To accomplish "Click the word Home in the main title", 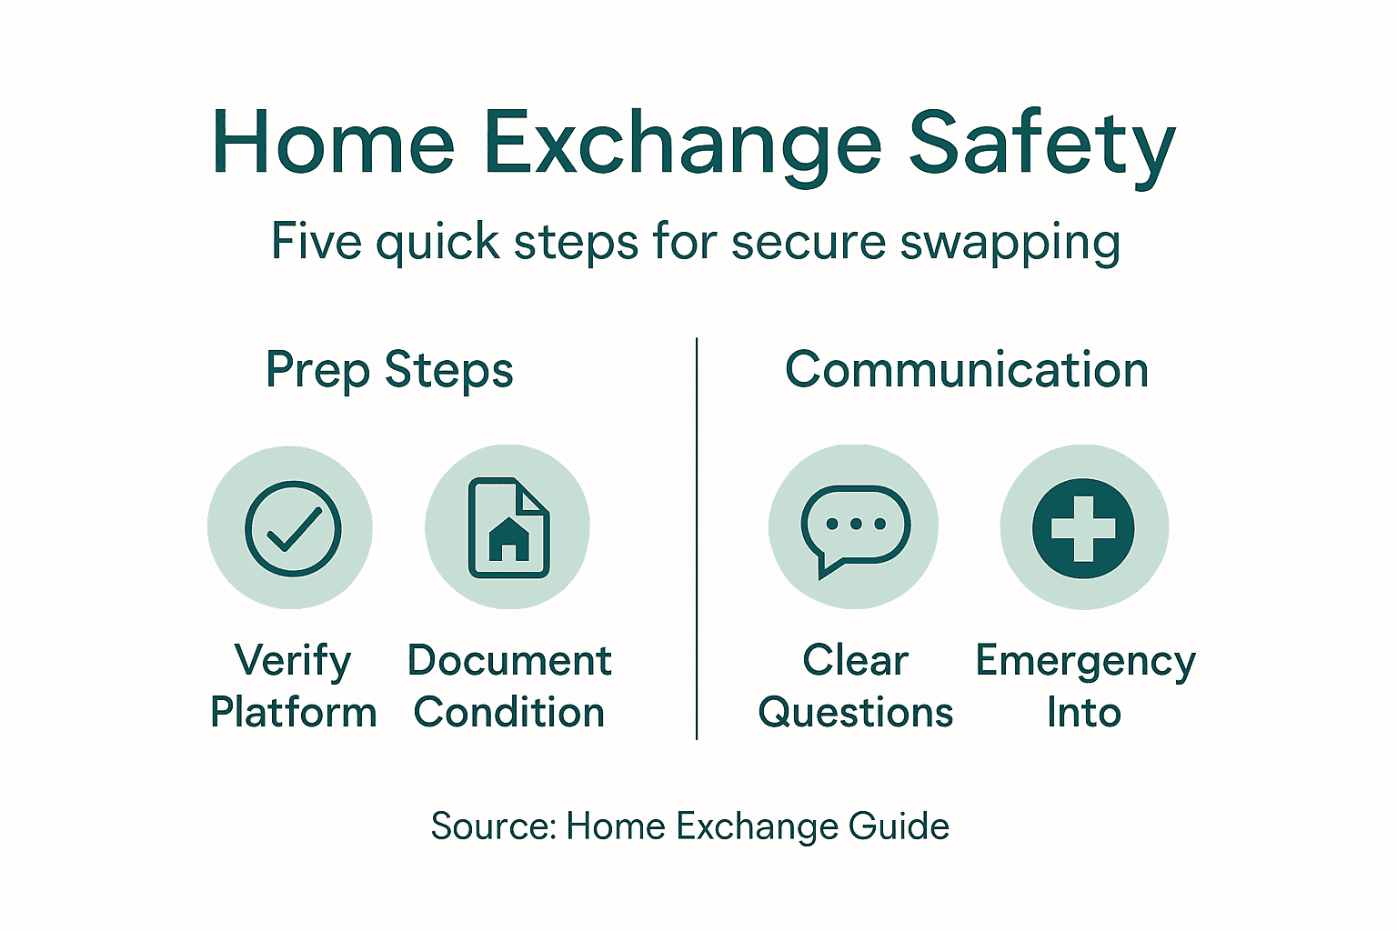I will point(333,144).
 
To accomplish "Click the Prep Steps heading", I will point(389,371).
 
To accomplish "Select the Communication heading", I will point(967,370).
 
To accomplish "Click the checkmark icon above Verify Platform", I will point(293,528).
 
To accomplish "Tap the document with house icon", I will point(508,528).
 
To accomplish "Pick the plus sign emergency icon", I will point(1083,528).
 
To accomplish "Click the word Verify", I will point(293,661).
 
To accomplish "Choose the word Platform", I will point(294,713).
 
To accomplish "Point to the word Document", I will point(509,661).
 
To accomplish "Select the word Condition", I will point(509,713).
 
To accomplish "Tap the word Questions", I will point(856,713).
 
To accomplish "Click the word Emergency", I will point(1085,662).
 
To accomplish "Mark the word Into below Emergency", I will point(1083,713).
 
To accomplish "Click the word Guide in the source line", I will point(899,826).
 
